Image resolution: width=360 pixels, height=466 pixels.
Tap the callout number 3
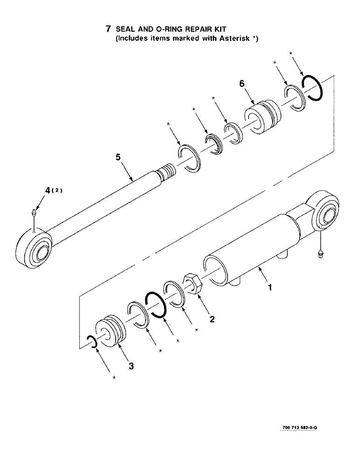131,367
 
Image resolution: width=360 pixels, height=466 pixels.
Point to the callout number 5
118,158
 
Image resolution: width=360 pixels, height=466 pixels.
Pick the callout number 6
242,84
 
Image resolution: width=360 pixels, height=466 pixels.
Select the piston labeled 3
111,331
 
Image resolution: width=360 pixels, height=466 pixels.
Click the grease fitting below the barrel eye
320,255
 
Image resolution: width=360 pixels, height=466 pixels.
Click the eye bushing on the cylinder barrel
327,216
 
